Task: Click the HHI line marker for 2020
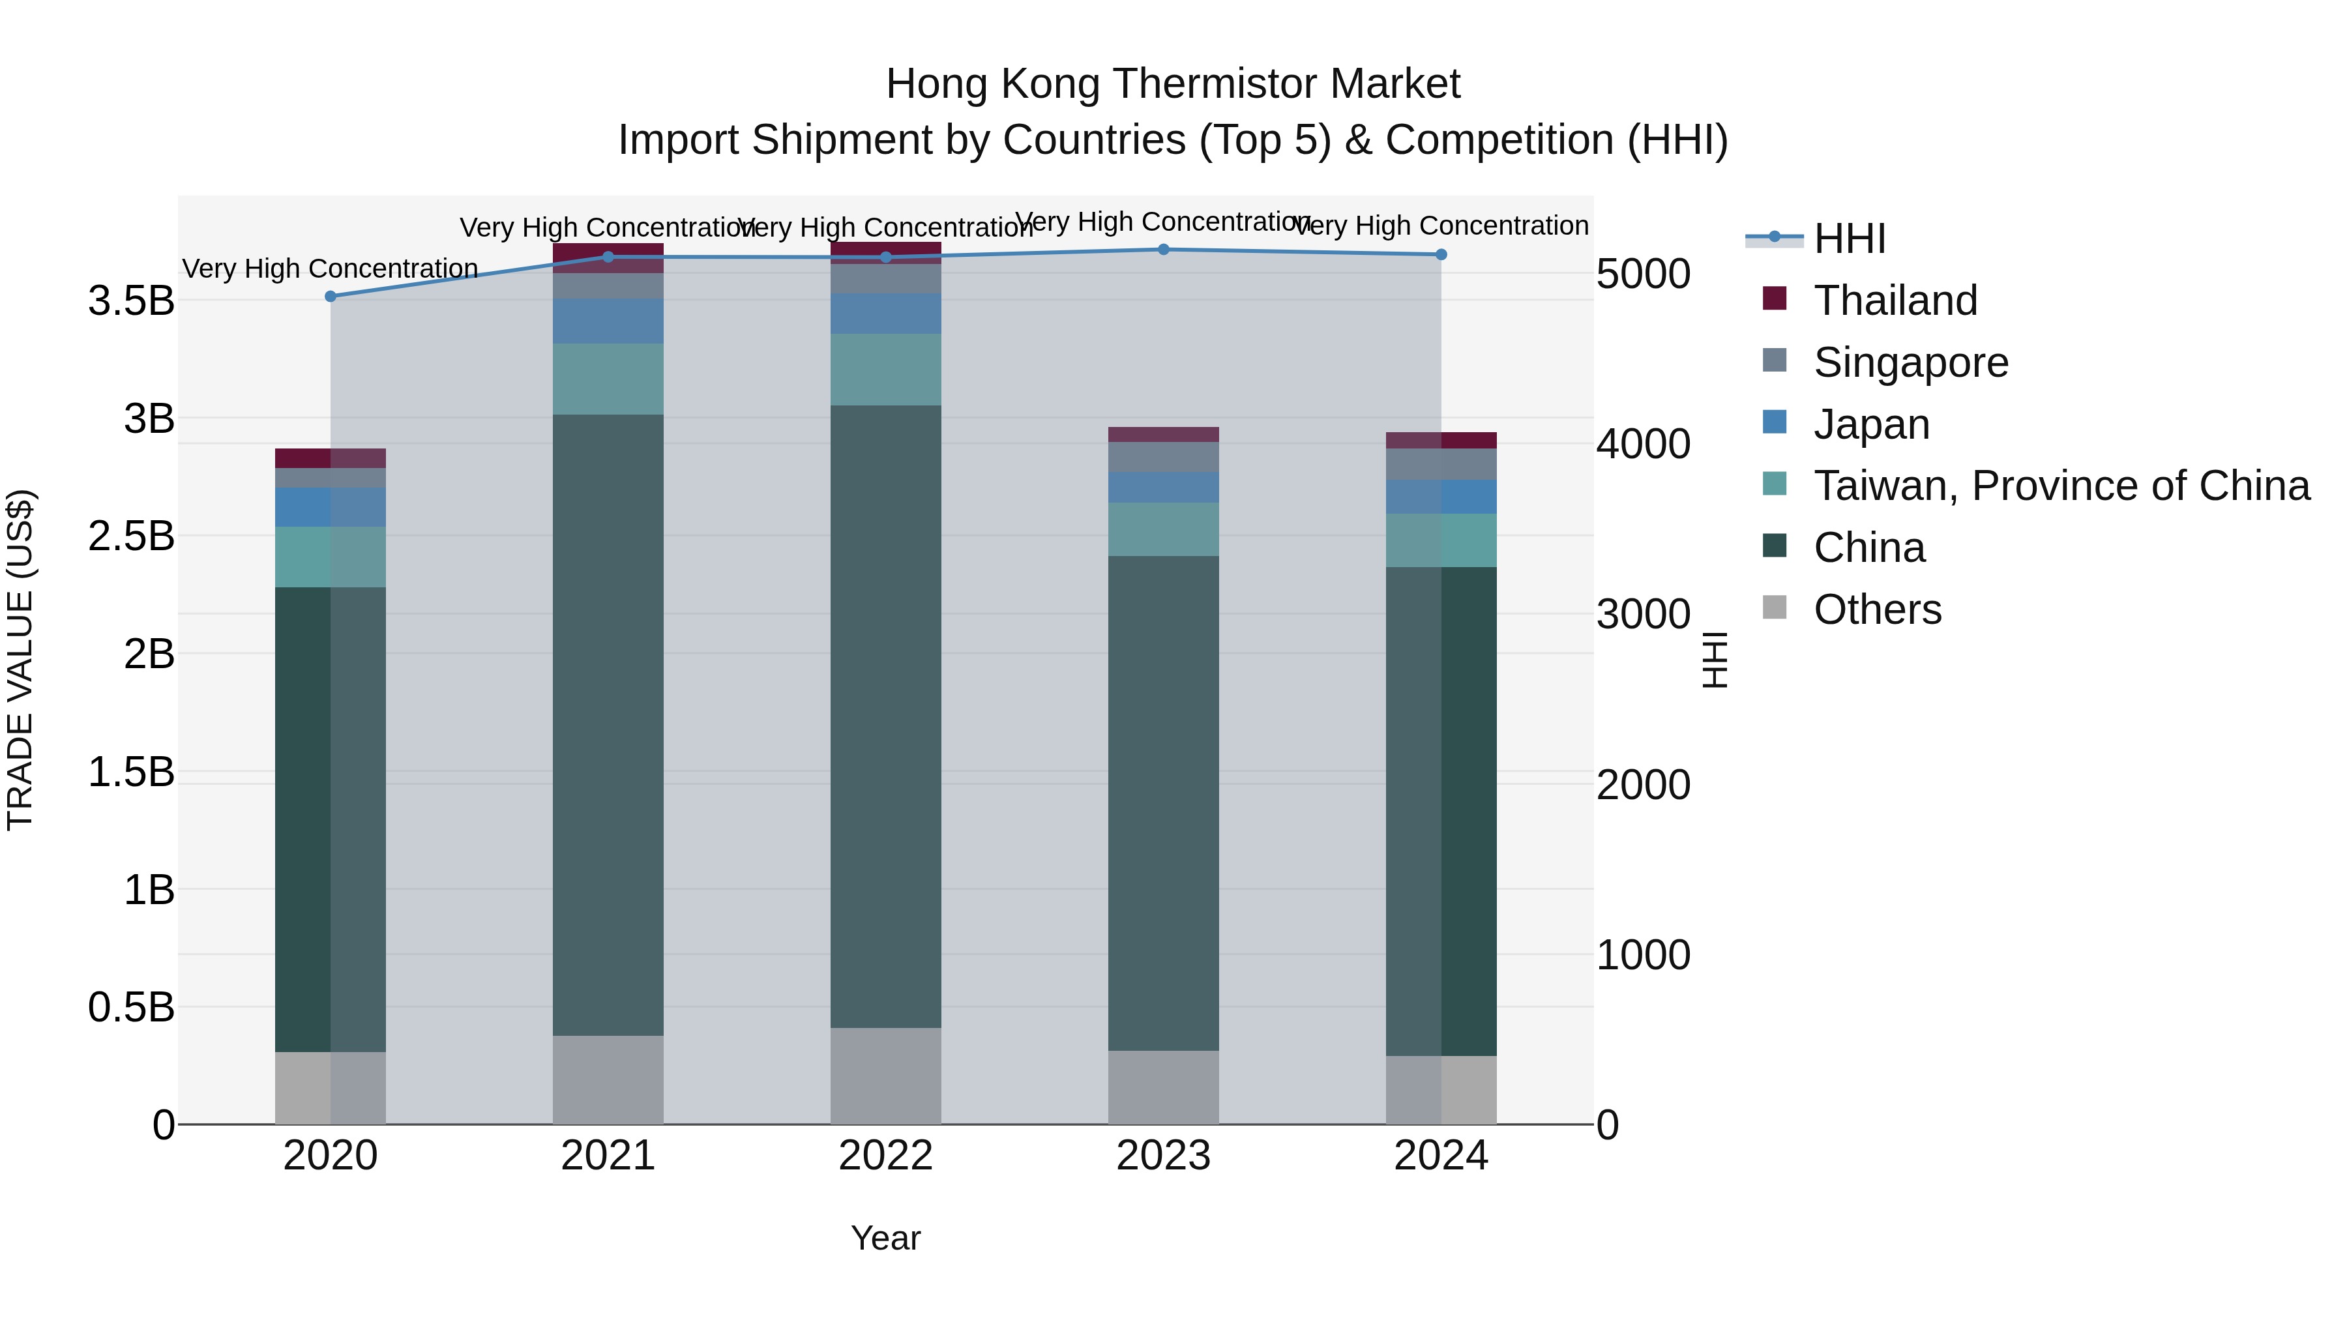[331, 296]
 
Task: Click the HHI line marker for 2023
[1164, 250]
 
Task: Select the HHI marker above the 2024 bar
[1441, 255]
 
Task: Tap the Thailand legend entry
[1895, 301]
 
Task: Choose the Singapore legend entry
[1911, 362]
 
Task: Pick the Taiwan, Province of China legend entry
[2061, 486]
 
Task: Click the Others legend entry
[1877, 609]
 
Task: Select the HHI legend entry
[1850, 239]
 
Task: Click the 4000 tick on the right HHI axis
[1643, 445]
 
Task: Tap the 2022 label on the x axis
[885, 1156]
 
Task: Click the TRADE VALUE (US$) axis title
[20, 660]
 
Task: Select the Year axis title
[885, 1238]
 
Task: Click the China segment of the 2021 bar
[608, 724]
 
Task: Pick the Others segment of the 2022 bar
[885, 1076]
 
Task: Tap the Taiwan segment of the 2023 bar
[1164, 529]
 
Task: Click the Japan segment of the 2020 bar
[331, 507]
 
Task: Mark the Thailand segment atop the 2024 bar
[1441, 440]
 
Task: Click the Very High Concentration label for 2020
[331, 269]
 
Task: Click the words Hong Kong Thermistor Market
[1173, 84]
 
